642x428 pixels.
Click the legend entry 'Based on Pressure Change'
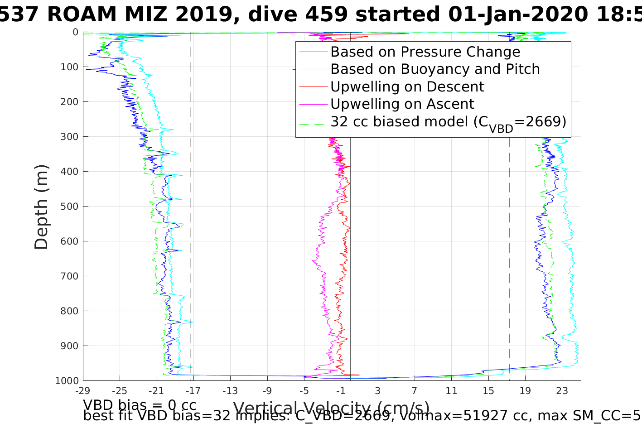pos(425,52)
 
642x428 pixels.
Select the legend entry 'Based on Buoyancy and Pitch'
pos(435,69)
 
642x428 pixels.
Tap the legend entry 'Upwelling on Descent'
pos(407,87)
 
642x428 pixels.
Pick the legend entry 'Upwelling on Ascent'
pos(402,104)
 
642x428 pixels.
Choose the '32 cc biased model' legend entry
pos(448,122)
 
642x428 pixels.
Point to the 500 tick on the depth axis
pos(69,207)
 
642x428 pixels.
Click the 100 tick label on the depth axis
pos(69,67)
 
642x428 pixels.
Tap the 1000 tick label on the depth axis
pos(67,381)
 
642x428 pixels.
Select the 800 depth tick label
pos(69,311)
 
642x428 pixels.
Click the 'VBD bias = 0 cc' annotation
pos(140,404)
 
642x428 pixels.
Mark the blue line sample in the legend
pos(313,52)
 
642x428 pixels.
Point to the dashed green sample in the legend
pos(313,122)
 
